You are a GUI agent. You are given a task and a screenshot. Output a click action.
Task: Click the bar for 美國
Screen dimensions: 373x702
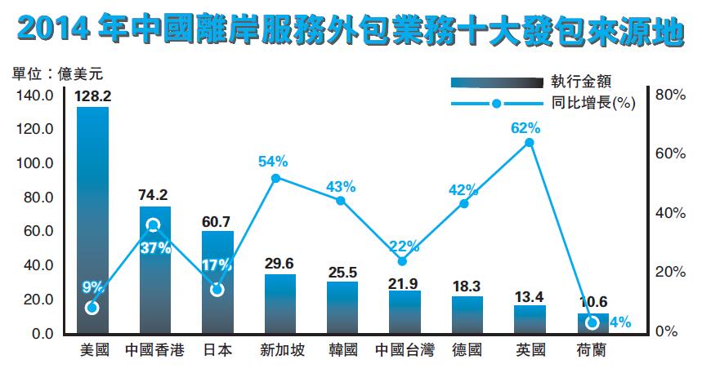pyautogui.click(x=92, y=220)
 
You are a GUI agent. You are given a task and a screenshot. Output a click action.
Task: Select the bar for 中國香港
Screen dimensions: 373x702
pyautogui.click(x=155, y=270)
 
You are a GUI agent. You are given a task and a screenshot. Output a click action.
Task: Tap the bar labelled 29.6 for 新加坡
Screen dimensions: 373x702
pyautogui.click(x=280, y=304)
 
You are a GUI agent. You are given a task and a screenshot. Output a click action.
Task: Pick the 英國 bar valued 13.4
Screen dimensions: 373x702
pyautogui.click(x=530, y=319)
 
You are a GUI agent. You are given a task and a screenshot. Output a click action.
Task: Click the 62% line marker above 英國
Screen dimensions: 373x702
pyautogui.click(x=530, y=143)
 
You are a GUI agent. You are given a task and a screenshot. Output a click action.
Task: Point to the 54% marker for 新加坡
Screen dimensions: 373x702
pyautogui.click(x=275, y=178)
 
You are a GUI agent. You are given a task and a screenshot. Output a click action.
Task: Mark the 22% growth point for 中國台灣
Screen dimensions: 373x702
pyautogui.click(x=401, y=261)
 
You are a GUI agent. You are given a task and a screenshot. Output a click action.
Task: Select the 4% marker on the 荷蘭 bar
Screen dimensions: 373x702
pyautogui.click(x=592, y=322)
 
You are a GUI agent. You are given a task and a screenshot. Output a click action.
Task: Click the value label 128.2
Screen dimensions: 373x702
pyautogui.click(x=92, y=96)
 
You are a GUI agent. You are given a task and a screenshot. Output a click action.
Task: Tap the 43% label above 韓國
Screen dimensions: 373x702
pyautogui.click(x=340, y=186)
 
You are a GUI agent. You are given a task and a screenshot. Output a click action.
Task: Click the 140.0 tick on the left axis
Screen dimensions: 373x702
pyautogui.click(x=34, y=95)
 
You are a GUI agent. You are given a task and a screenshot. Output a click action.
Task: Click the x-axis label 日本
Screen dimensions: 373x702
pyautogui.click(x=217, y=351)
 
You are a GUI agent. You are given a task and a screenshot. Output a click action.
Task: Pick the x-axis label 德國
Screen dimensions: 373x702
pyautogui.click(x=467, y=351)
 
